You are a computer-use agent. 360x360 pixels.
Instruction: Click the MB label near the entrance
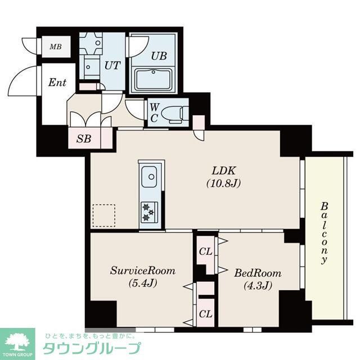[x=55, y=47]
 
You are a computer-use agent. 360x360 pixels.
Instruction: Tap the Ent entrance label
[x=57, y=83]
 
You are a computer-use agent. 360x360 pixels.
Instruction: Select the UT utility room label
[x=112, y=65]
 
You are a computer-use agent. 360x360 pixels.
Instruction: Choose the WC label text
[x=154, y=112]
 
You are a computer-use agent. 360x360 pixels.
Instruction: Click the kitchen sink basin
[x=150, y=178]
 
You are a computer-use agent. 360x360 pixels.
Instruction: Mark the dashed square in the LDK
[x=103, y=215]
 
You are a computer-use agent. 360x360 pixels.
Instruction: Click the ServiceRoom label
[x=142, y=271]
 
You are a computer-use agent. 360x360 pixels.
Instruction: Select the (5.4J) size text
[x=142, y=283]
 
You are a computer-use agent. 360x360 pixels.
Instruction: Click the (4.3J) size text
[x=258, y=286]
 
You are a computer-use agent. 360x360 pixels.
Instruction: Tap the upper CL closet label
[x=205, y=251]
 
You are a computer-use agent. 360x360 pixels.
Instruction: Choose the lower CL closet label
[x=205, y=314]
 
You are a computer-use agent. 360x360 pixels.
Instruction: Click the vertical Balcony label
[x=324, y=233]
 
